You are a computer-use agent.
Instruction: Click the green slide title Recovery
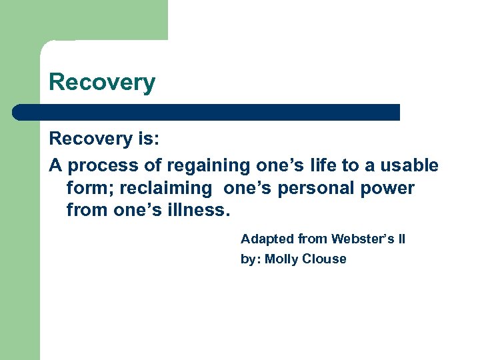(x=102, y=83)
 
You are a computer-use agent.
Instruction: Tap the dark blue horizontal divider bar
(x=207, y=112)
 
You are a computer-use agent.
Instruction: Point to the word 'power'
(x=388, y=189)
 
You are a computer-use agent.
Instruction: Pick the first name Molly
(x=281, y=259)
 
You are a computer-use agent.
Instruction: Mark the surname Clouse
(x=325, y=259)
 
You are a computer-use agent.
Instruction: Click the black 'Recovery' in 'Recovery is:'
(x=90, y=139)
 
